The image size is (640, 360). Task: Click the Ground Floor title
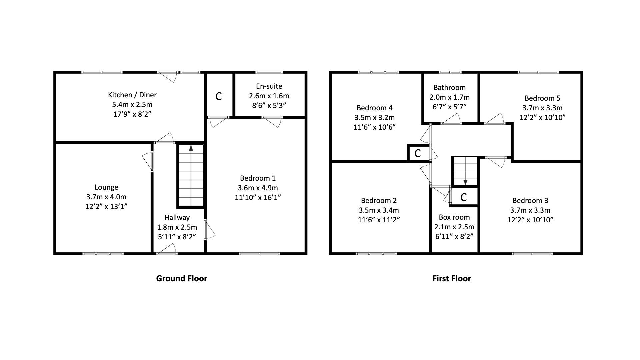pos(182,278)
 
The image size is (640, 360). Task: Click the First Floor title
pos(451,278)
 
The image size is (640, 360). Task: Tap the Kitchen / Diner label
pos(132,95)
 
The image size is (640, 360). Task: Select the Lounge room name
pos(106,187)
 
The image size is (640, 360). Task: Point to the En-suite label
pos(269,86)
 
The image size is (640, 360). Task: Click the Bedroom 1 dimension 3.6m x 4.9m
pos(258,188)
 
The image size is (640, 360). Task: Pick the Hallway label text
pos(177,218)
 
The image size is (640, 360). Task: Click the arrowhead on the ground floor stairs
pos(191,148)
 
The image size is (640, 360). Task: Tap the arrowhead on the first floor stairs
pos(465,182)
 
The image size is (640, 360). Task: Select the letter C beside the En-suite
pos(219,96)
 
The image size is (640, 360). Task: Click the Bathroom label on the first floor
pos(449,88)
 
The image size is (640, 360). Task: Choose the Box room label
pos(454,217)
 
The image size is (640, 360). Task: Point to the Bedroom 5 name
pos(542,98)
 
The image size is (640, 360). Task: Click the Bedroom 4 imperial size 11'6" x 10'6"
pos(374,127)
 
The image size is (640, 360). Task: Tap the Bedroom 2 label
pos(379,201)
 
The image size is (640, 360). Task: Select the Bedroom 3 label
pos(530,201)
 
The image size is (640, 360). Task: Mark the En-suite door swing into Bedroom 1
pos(273,121)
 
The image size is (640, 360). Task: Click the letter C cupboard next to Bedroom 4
pos(417,153)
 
